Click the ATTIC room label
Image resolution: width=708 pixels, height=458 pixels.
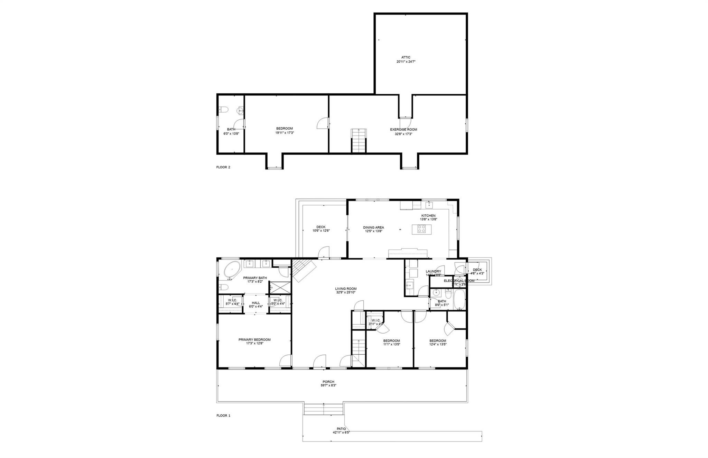(x=406, y=57)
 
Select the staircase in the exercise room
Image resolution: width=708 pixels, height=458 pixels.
(x=358, y=140)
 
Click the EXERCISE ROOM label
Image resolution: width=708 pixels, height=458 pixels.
(x=403, y=130)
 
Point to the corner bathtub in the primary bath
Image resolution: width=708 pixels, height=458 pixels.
(x=232, y=270)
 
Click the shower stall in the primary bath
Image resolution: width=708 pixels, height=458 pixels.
(x=276, y=287)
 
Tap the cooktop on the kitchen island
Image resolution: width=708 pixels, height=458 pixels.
(x=422, y=229)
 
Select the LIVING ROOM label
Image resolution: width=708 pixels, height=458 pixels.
(x=346, y=289)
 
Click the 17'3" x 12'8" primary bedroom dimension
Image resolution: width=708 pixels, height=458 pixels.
(x=254, y=344)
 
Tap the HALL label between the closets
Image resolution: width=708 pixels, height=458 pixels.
(x=256, y=303)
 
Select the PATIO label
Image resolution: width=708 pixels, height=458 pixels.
(x=341, y=429)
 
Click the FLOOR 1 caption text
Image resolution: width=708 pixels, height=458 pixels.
(x=223, y=415)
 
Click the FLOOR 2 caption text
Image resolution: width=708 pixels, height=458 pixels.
(x=223, y=167)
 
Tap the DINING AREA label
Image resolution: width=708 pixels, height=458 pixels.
(x=373, y=227)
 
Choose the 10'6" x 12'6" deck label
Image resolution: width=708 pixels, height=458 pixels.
(x=321, y=231)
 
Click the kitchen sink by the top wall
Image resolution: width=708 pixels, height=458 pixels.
(x=429, y=205)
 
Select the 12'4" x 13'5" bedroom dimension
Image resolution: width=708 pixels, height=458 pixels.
(x=438, y=344)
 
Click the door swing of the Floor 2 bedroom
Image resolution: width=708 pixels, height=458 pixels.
(x=323, y=123)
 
